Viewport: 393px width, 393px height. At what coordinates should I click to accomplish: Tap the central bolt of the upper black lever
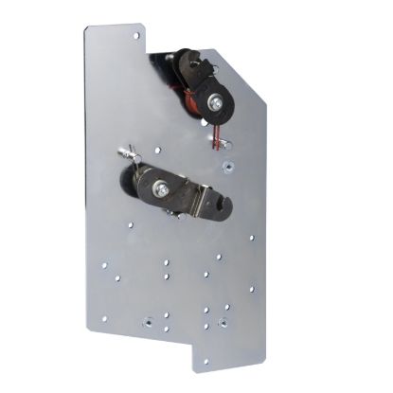(x=217, y=101)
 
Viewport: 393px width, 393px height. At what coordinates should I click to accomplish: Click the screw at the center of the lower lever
(x=164, y=190)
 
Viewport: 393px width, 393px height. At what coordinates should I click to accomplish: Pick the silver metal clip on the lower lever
(x=200, y=199)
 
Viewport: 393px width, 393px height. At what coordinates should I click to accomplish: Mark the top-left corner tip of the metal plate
(x=86, y=27)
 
